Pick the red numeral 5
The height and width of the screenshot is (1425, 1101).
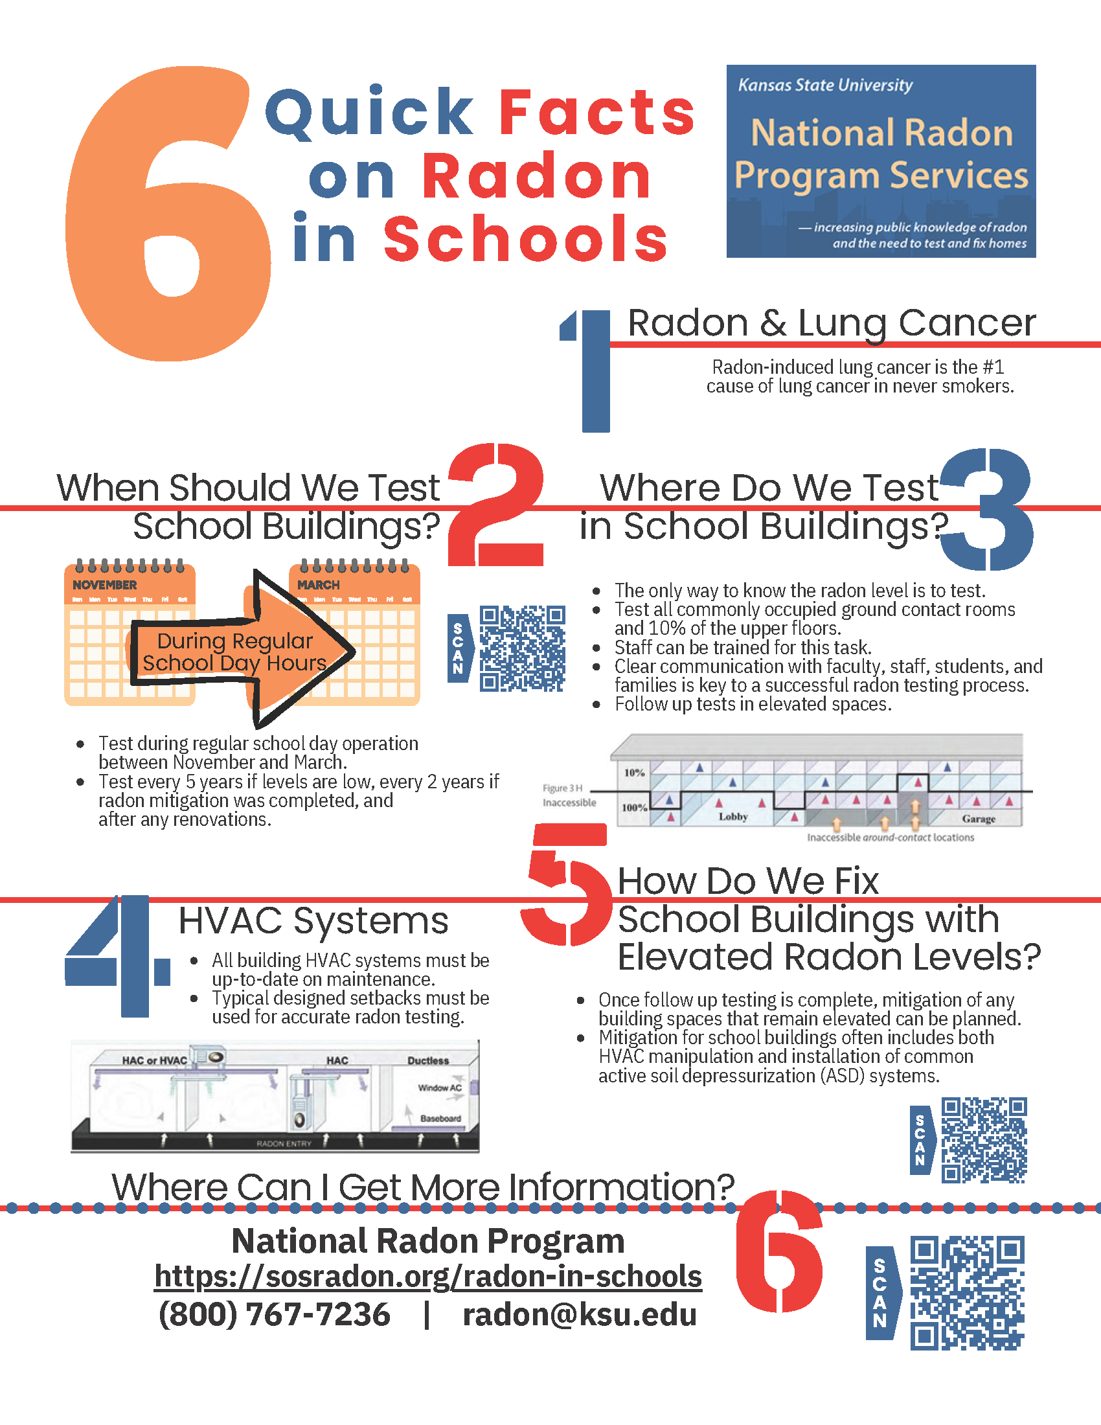(x=566, y=885)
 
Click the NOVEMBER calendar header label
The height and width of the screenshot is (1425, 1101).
(x=105, y=585)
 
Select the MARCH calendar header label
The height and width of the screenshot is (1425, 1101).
(x=318, y=585)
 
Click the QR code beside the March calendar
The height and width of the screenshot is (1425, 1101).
(x=522, y=648)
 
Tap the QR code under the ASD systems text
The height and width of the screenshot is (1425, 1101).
(x=984, y=1140)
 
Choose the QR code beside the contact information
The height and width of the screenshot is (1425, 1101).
(x=967, y=1293)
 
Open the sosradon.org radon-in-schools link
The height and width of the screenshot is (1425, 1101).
(x=428, y=1276)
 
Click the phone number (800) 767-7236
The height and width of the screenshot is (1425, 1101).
(x=275, y=1314)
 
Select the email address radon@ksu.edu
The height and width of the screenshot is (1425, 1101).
(x=579, y=1314)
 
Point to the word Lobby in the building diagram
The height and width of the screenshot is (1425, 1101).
(x=733, y=817)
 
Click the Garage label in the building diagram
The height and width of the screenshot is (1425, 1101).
(x=979, y=819)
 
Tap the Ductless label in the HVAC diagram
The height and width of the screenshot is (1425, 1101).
(x=428, y=1061)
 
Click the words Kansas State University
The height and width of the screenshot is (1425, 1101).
(x=825, y=85)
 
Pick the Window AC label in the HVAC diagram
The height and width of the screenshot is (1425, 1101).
(x=440, y=1088)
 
